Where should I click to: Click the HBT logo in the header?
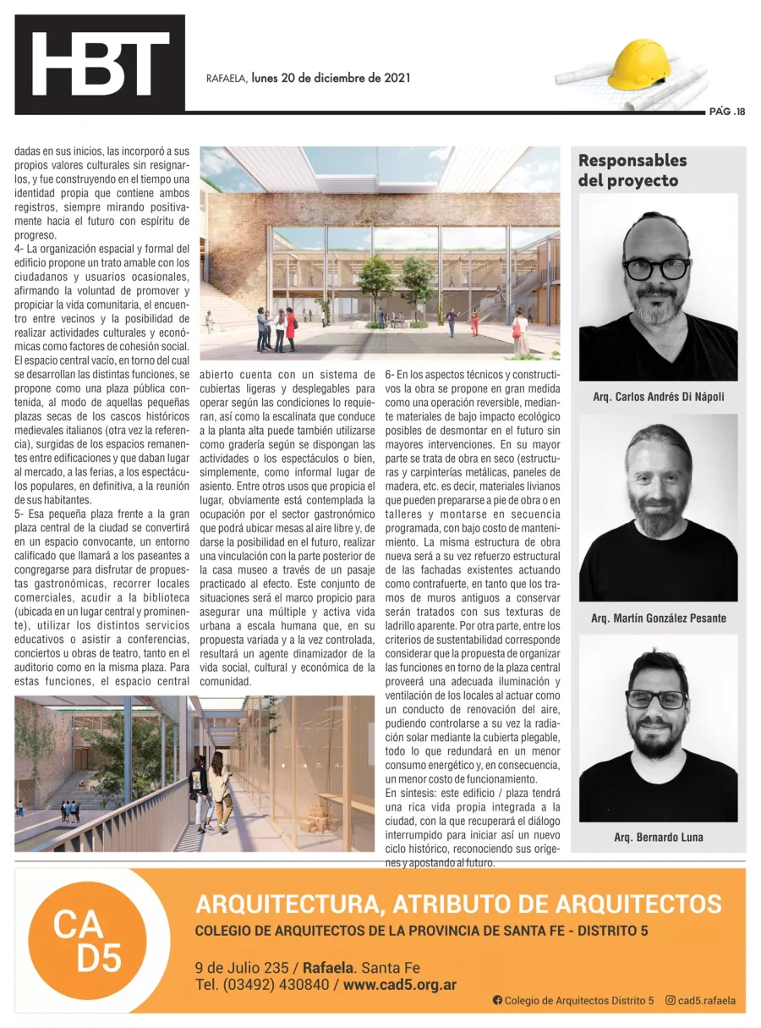tap(100, 64)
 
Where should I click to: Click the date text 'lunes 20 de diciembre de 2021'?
tap(331, 78)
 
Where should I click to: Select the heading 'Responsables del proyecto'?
tap(632, 170)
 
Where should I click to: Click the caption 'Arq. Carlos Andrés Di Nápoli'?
tap(658, 396)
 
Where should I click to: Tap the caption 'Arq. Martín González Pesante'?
tap(658, 618)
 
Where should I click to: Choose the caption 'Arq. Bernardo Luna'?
tap(658, 838)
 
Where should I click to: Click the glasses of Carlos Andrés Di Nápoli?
tap(656, 268)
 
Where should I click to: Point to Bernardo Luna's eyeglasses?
tap(656, 699)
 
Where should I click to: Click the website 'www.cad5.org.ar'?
tap(400, 985)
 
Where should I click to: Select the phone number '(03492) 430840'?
tap(276, 985)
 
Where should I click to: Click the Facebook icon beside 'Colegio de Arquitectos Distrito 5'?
tap(497, 1000)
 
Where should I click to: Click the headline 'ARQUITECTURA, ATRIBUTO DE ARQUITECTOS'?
tap(458, 904)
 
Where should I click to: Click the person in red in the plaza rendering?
tap(291, 326)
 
